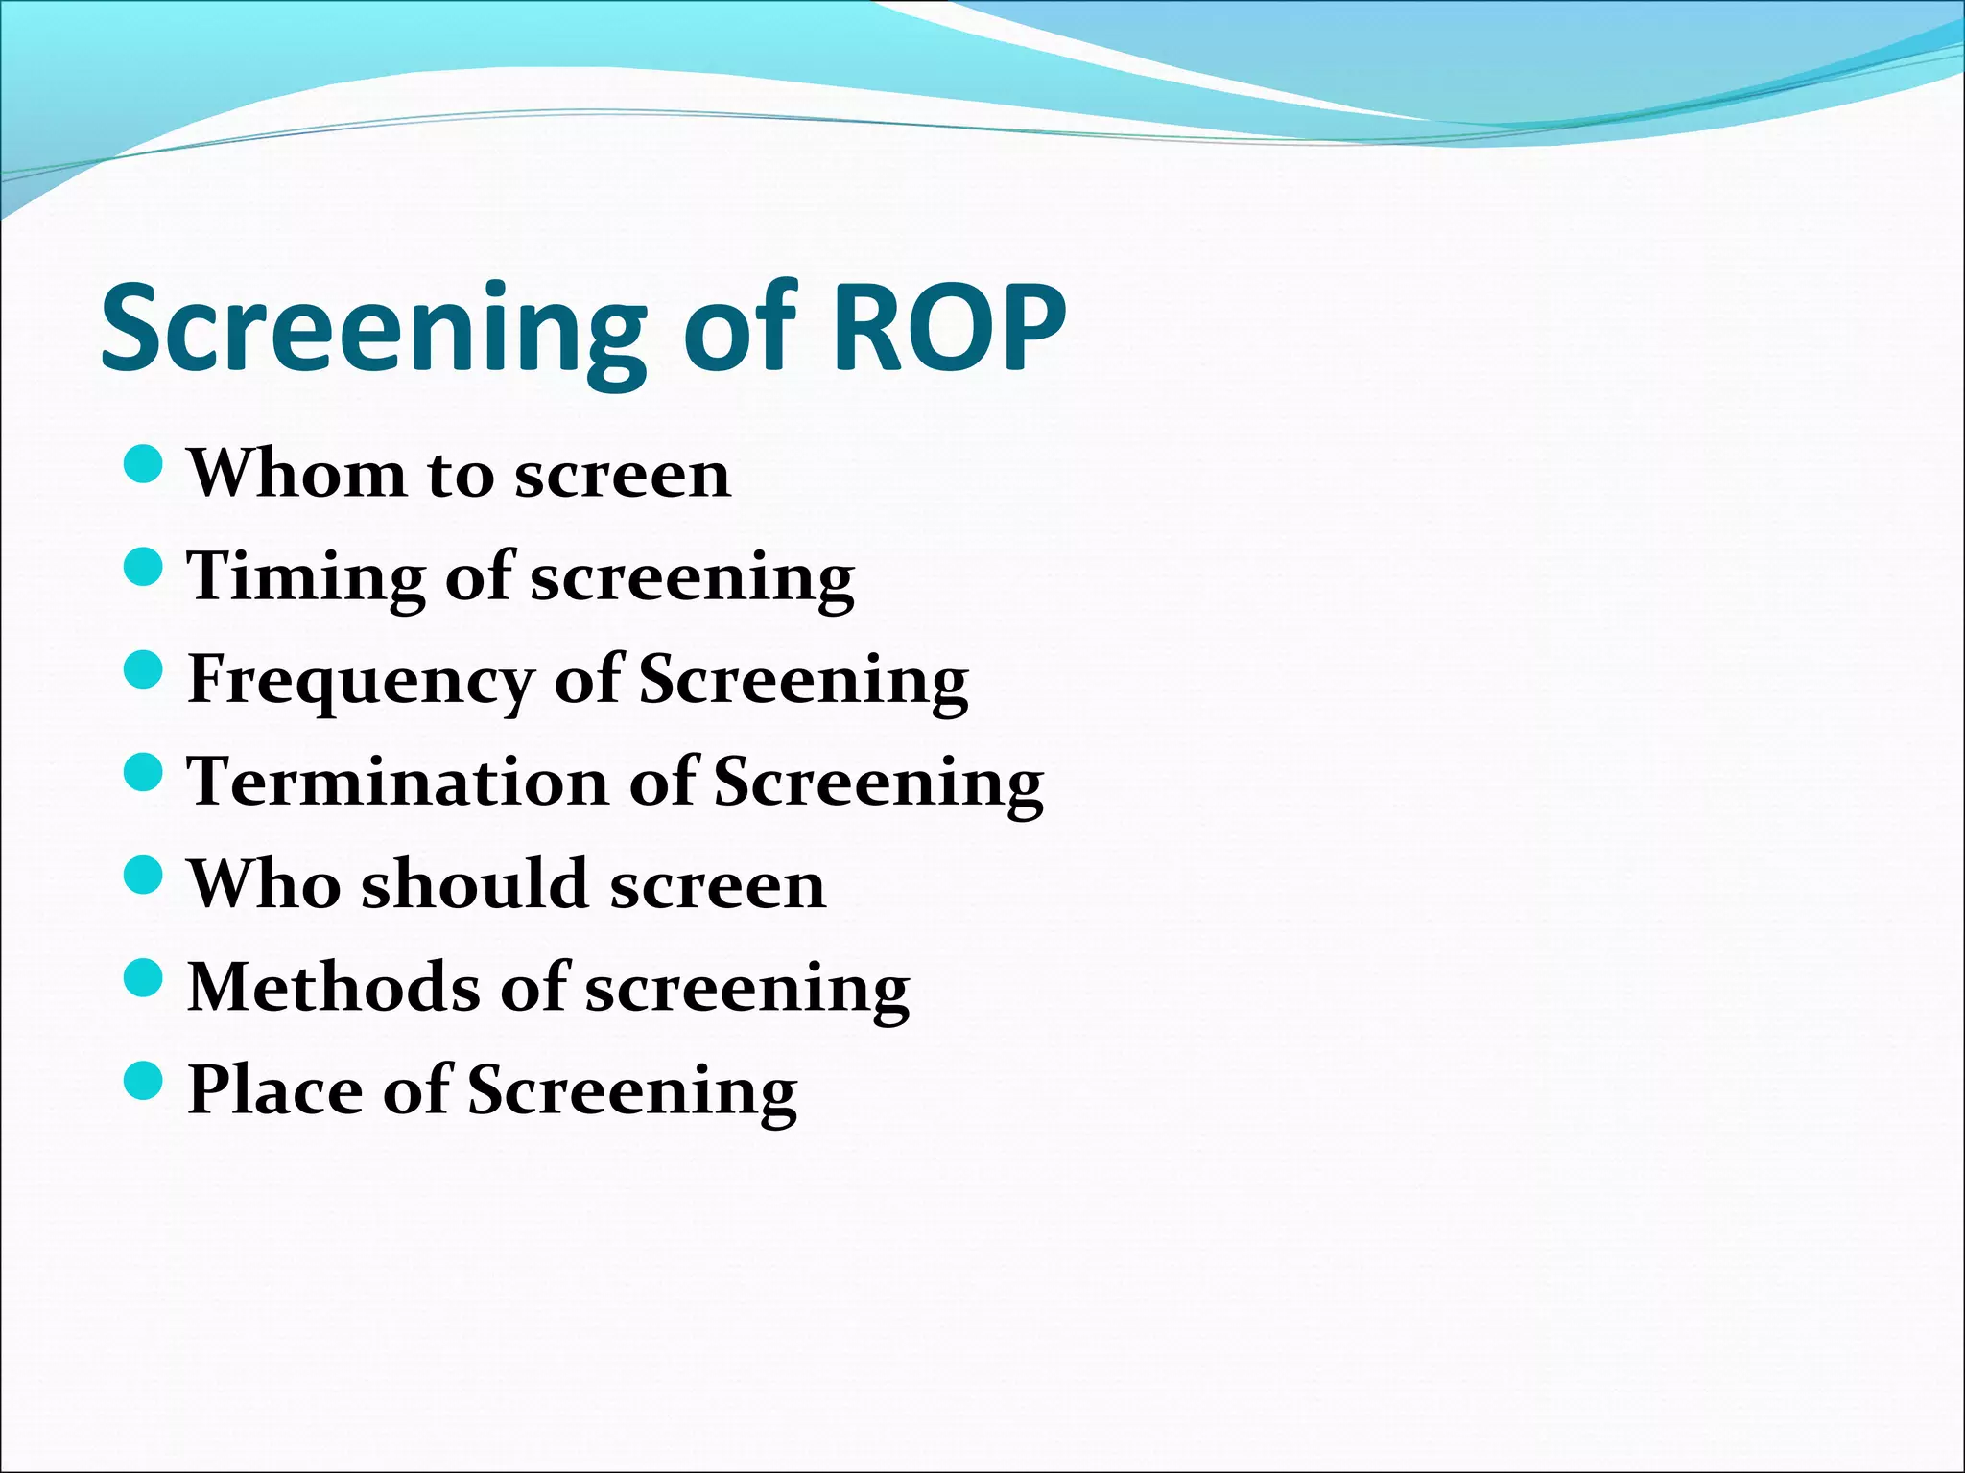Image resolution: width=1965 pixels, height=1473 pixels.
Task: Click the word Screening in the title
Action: point(374,328)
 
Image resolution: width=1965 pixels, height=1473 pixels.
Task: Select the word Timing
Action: point(305,577)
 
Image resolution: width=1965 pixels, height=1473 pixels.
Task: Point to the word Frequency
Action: point(360,680)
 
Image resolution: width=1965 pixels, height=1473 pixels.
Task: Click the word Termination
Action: point(397,782)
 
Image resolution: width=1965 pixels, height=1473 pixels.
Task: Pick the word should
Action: point(474,884)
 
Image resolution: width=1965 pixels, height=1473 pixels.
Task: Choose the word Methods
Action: point(333,987)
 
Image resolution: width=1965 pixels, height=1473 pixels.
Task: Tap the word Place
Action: point(273,1090)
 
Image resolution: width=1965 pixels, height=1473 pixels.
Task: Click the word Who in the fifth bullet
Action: point(264,884)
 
